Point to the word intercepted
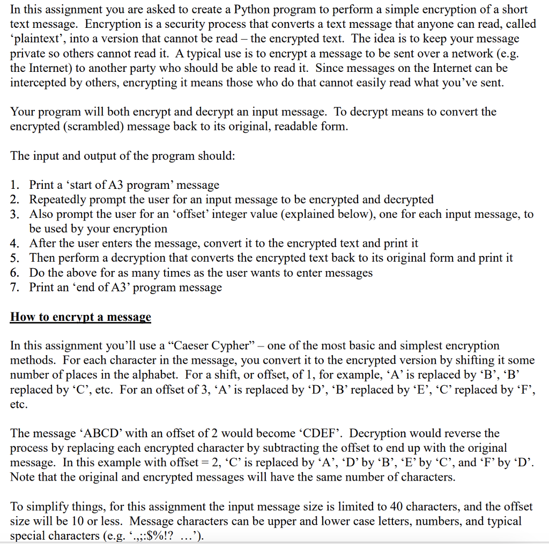point(38,83)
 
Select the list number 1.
point(15,185)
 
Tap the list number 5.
point(15,258)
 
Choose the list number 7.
point(15,287)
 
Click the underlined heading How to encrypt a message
point(80,317)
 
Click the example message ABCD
point(97,433)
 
